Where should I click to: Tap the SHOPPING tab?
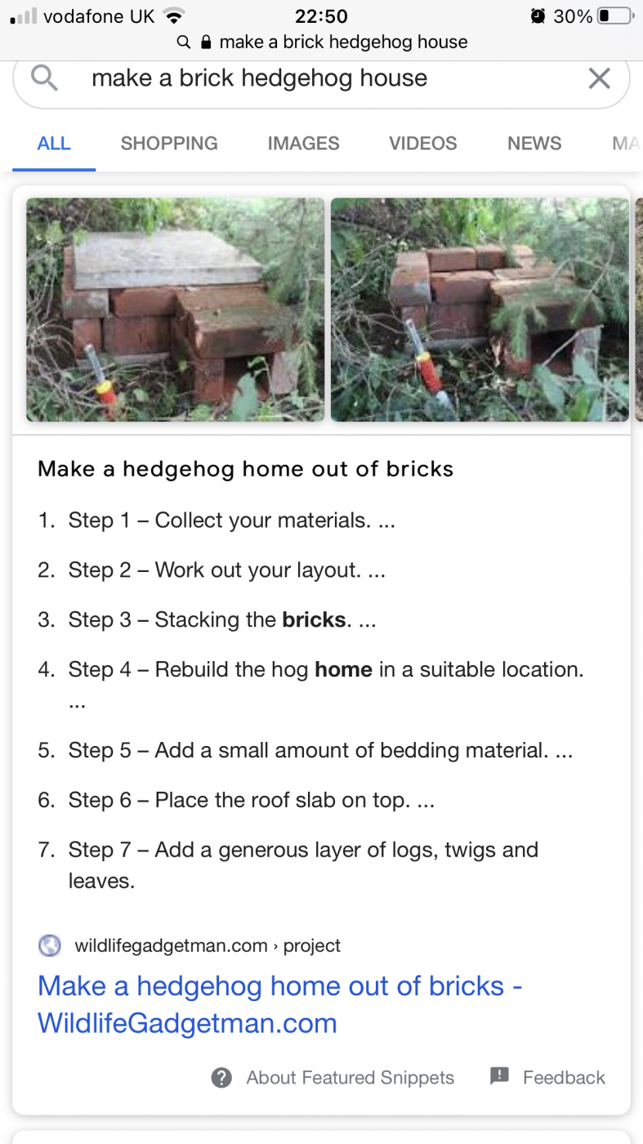169,144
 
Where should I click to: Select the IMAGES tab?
303,144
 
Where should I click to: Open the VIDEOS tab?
423,144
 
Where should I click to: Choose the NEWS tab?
534,144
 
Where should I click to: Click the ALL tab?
54,144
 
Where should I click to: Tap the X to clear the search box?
599,78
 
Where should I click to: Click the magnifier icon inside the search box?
44,78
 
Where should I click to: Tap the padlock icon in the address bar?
206,42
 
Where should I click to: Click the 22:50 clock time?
321,16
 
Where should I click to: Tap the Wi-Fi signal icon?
174,16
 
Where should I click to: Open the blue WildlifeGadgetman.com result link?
280,1004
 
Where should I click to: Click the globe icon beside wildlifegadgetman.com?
50,945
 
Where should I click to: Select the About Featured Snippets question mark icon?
221,1078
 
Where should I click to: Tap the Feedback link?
563,1078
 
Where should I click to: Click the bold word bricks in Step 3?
314,619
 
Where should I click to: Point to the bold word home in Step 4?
343,669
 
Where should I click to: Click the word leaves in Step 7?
101,881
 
